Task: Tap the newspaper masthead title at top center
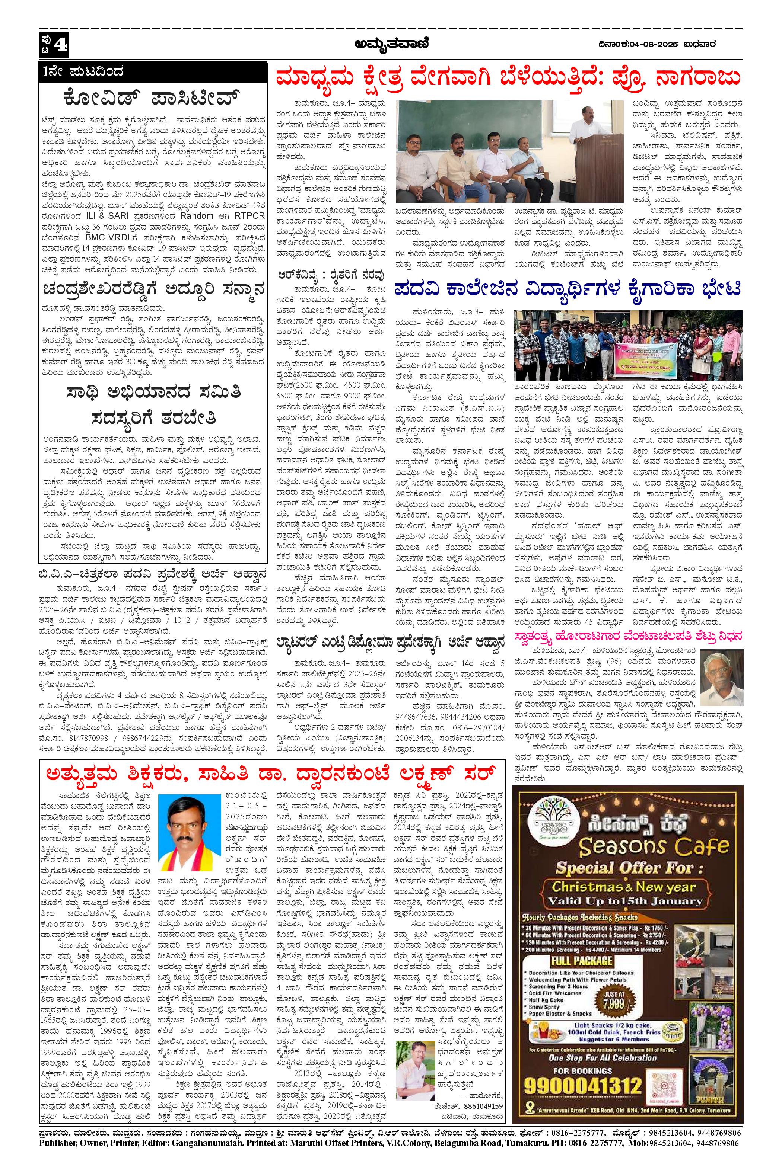coord(391,45)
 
